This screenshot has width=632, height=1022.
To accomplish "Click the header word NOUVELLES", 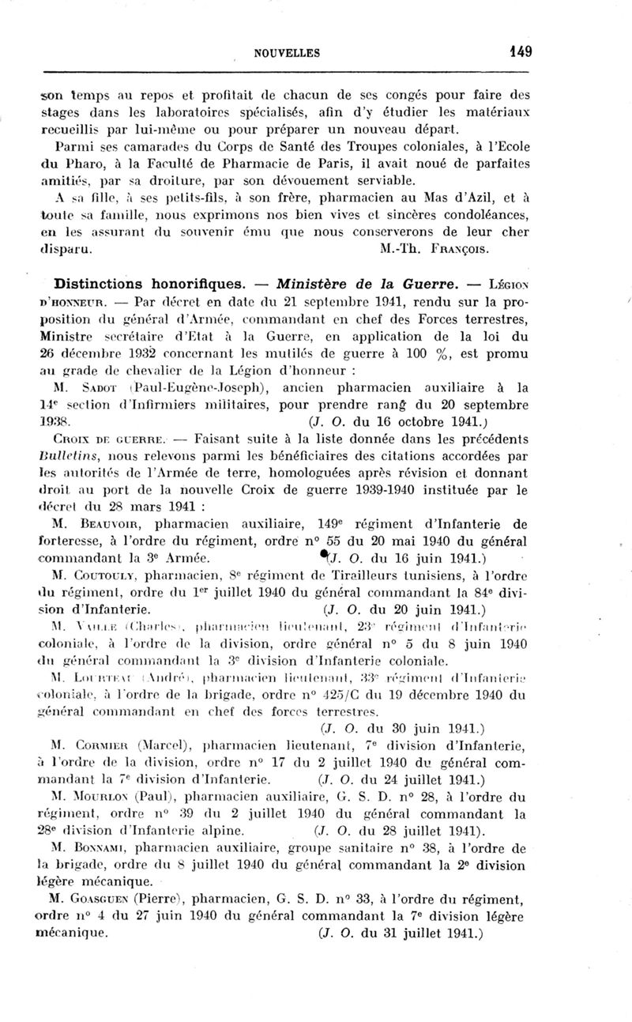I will tap(287, 53).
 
